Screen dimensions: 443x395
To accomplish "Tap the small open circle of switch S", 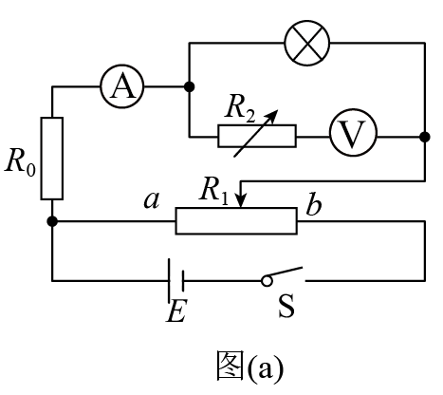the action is click(x=267, y=281).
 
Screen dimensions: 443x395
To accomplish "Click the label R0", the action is click(x=20, y=161).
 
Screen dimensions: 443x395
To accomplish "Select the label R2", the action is click(x=239, y=110).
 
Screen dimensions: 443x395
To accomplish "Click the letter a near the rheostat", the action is click(x=152, y=200).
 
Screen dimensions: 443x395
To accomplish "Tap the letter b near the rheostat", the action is click(x=314, y=204).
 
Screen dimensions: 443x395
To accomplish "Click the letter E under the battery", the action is click(x=176, y=310).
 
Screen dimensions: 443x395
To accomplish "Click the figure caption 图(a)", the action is click(x=249, y=366).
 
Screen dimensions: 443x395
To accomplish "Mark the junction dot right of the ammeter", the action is click(x=189, y=86).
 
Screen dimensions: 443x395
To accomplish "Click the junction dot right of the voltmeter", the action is click(x=425, y=137).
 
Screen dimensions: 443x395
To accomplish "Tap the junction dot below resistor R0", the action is click(x=52, y=221).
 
